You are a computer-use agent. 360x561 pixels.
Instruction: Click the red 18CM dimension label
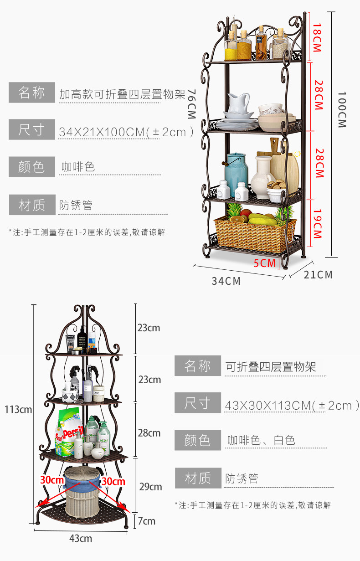[317, 38]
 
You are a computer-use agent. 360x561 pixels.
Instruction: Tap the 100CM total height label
[342, 110]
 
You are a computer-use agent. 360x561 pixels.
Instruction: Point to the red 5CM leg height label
[265, 263]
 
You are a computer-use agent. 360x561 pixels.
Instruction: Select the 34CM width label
[226, 281]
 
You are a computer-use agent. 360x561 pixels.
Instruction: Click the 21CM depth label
[319, 275]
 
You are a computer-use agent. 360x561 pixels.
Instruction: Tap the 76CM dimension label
[191, 104]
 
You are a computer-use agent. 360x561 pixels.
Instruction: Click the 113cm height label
[18, 409]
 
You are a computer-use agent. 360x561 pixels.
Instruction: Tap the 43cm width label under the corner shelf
[81, 539]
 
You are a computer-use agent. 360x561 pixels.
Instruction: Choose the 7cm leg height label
[147, 521]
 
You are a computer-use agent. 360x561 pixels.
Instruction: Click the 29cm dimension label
[150, 487]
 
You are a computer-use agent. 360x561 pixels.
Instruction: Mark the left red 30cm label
[51, 480]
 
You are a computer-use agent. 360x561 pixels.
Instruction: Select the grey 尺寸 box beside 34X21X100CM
[31, 130]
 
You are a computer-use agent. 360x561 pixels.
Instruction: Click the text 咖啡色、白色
[262, 440]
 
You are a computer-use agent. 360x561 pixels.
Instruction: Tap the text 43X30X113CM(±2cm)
[292, 405]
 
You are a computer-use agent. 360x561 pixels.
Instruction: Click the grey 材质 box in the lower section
[198, 478]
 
